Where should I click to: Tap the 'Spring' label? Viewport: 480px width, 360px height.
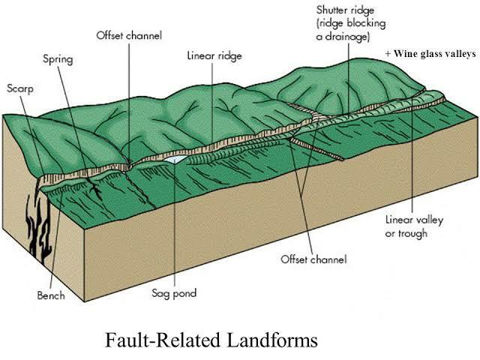pos(58,57)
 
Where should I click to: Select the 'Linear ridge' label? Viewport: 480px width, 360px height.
pos(214,55)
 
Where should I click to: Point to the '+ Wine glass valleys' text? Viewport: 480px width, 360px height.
pos(430,54)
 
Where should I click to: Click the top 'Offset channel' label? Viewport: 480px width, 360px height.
pos(128,35)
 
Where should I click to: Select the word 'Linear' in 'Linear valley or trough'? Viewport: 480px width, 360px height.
pos(397,220)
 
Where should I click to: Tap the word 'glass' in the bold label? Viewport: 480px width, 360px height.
pos(430,54)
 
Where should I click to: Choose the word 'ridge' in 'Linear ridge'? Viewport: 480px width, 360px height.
pos(228,55)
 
